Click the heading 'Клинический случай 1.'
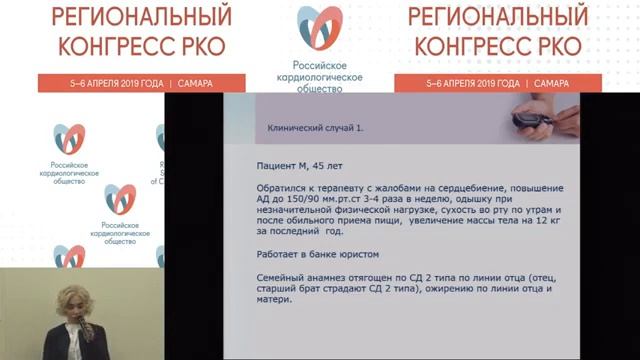pos(310,129)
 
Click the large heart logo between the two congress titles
pos(319,30)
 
